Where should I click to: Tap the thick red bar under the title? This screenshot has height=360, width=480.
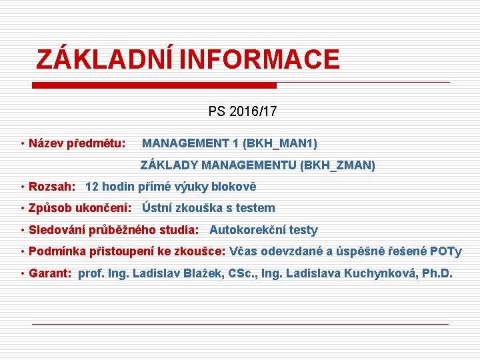(x=155, y=85)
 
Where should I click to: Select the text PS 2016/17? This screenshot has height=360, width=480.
(x=242, y=111)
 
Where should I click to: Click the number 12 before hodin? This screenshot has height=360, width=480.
(x=92, y=187)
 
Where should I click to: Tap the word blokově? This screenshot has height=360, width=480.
(x=233, y=187)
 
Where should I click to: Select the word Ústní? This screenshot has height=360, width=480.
(x=159, y=209)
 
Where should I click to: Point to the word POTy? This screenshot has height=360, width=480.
(x=446, y=251)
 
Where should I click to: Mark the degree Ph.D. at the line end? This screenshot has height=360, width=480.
(x=437, y=273)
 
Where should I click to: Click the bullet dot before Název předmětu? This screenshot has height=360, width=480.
(x=23, y=143)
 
